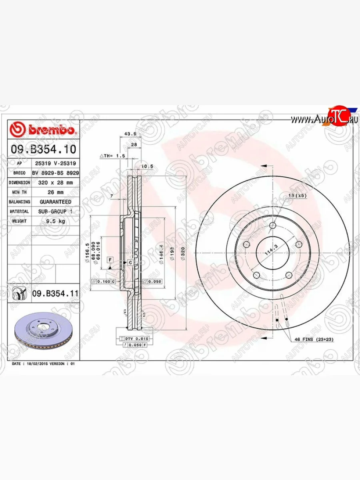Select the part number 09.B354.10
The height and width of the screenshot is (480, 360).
[43, 150]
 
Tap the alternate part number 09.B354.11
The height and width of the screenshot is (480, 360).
[55, 294]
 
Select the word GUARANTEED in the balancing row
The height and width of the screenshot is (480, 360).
[55, 202]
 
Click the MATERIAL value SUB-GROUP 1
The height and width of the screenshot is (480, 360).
[55, 211]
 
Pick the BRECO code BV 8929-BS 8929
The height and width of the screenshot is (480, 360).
[55, 173]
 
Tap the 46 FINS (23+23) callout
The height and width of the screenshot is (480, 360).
[314, 339]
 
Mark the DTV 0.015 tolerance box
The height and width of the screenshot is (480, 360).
[136, 339]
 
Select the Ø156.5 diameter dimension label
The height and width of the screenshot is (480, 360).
[87, 253]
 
